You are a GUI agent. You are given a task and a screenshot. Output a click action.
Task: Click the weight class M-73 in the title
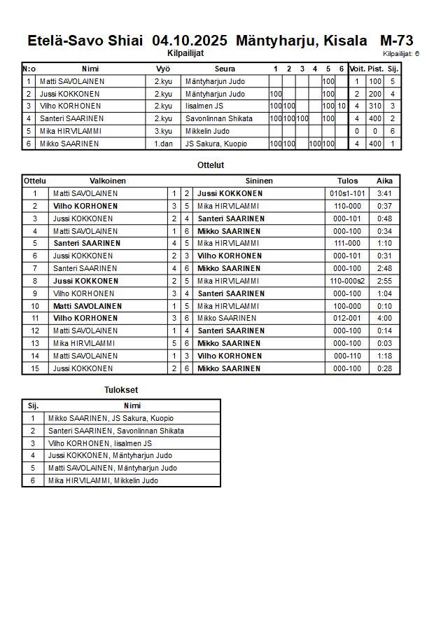(396, 41)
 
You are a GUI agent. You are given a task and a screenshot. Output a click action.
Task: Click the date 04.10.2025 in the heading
(190, 41)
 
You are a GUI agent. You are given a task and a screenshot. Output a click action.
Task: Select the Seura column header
(225, 69)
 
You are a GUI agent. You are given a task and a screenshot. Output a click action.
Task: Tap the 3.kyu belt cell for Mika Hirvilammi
(163, 131)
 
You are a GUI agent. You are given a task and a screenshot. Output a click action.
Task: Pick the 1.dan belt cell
(163, 144)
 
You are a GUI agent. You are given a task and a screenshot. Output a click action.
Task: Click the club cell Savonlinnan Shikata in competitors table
(219, 118)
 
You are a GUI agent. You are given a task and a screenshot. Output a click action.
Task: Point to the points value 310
(376, 106)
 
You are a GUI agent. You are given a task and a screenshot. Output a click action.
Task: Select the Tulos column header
(347, 181)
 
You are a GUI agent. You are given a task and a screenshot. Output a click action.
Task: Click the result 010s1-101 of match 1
(347, 193)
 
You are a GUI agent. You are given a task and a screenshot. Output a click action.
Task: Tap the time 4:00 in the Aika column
(384, 318)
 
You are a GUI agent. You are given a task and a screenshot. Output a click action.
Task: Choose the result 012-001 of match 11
(347, 318)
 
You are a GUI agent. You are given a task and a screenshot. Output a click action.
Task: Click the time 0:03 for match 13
(384, 343)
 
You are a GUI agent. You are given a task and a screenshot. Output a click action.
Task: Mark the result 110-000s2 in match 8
(347, 281)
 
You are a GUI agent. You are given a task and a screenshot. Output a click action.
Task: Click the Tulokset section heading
(121, 390)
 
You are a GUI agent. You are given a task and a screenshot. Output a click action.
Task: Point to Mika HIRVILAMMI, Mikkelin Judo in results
(103, 480)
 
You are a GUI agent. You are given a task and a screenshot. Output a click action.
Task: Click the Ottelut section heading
(211, 165)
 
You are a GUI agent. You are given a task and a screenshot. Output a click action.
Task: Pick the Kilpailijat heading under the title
(185, 53)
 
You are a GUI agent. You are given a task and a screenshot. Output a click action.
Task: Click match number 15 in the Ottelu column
(35, 368)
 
